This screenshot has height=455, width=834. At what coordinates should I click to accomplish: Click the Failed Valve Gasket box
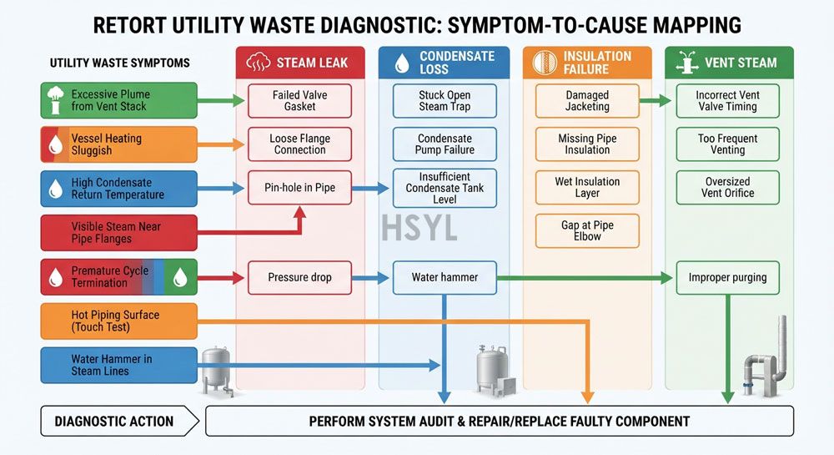[299, 100]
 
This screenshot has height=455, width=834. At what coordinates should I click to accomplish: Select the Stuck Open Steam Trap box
[445, 100]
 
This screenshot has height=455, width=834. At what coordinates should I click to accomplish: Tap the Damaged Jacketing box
[587, 100]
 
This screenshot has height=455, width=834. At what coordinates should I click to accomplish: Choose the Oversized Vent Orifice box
[727, 187]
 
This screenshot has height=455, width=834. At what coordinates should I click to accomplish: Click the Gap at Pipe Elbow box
[587, 231]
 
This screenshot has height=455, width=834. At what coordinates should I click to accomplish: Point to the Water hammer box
[445, 277]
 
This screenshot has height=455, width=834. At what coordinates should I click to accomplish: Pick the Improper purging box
[727, 277]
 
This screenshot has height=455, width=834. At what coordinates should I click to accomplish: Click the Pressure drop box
[299, 277]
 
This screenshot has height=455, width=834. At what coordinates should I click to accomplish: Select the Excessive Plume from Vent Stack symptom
[119, 100]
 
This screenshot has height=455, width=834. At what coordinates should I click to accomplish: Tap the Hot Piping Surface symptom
[119, 321]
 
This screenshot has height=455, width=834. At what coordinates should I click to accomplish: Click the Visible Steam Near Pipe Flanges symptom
[119, 233]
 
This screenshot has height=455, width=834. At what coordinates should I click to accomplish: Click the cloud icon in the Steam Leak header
[258, 63]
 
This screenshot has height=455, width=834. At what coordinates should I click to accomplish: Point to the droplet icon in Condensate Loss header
[402, 63]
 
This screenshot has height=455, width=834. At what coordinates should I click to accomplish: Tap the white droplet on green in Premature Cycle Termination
[180, 277]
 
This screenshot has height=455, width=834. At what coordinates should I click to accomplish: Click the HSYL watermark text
[420, 228]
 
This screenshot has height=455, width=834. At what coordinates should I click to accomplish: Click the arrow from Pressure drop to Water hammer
[370, 277]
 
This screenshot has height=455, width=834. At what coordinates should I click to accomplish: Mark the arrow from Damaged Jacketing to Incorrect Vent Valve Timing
[656, 100]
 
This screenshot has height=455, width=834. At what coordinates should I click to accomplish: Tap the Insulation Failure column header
[587, 63]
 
